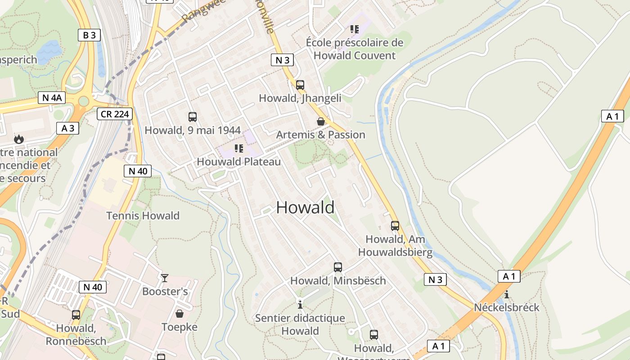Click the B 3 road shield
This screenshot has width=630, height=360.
(89, 35)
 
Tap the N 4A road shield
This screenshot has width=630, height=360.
(52, 98)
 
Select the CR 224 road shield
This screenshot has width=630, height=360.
(115, 114)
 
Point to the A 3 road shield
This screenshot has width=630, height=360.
(67, 128)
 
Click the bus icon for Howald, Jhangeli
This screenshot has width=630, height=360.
(300, 85)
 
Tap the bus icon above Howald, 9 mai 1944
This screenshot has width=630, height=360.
(193, 117)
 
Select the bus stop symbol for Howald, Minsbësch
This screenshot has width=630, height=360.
(338, 267)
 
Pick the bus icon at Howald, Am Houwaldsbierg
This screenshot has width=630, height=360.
(395, 226)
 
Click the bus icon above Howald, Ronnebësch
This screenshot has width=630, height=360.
(76, 315)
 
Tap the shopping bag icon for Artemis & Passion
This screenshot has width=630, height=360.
(321, 121)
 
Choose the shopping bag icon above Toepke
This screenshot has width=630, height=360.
(180, 314)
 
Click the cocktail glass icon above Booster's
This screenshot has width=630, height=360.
(165, 278)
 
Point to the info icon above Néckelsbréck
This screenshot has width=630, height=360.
(507, 295)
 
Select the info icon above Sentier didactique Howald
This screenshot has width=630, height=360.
(300, 305)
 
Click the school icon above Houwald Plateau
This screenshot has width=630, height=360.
(239, 148)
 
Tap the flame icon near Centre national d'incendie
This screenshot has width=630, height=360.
(18, 139)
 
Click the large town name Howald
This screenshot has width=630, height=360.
(305, 207)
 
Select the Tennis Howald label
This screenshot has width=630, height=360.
(143, 216)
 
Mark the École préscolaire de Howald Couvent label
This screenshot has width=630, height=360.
(355, 49)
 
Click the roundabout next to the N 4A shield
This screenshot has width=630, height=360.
(84, 101)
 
